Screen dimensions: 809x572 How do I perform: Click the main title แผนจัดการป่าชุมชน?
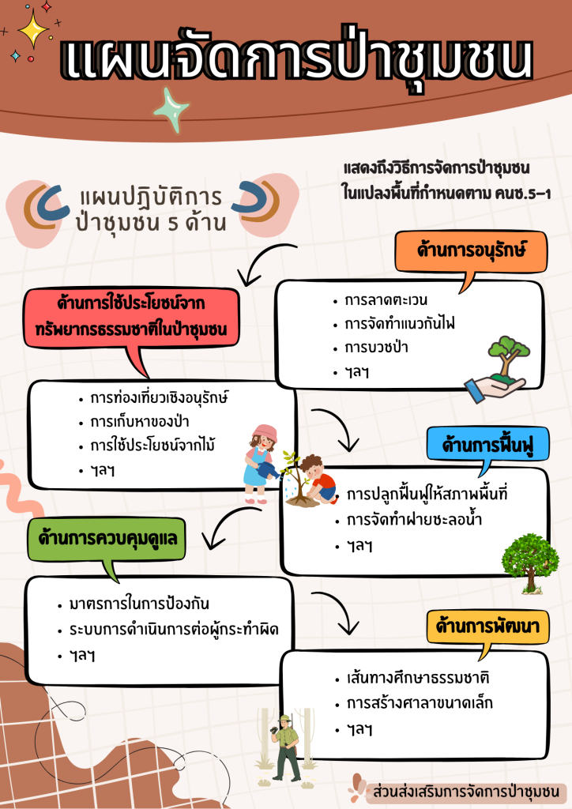tap(296, 61)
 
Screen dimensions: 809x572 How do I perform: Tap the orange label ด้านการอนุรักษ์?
tap(472, 251)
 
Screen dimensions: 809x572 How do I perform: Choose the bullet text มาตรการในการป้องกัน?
tap(139, 604)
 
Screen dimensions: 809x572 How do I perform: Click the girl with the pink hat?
tap(260, 462)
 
